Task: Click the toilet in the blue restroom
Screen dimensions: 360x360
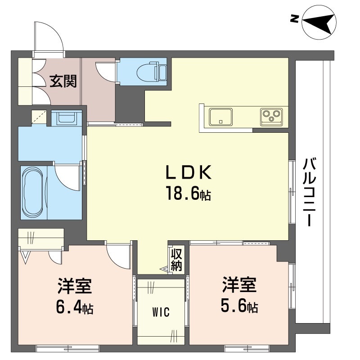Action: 152,72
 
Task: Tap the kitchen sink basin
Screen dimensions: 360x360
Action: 220,117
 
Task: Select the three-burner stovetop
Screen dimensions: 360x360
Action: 272,117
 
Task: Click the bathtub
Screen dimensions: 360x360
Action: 33,192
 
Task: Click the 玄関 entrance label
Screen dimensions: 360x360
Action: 63,81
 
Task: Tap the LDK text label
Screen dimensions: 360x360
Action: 188,173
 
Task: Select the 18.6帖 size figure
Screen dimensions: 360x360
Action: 188,193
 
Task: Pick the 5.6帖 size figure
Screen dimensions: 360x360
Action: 239,306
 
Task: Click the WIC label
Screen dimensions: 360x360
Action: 161,312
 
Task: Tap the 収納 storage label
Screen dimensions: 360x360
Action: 176,260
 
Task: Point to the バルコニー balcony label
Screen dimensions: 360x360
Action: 309,192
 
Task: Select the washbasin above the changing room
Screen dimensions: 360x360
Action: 67,118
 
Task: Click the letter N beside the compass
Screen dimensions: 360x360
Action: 294,18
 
